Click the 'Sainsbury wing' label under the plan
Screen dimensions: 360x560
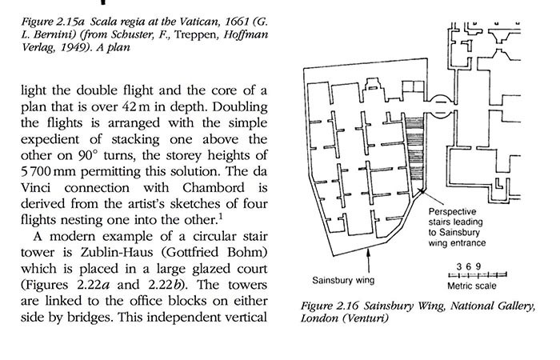click(x=344, y=281)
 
